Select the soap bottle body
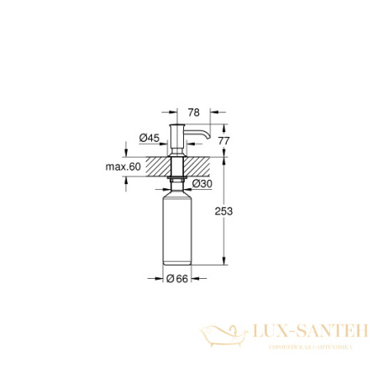pos(177,230)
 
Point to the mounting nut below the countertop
pos(177,180)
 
